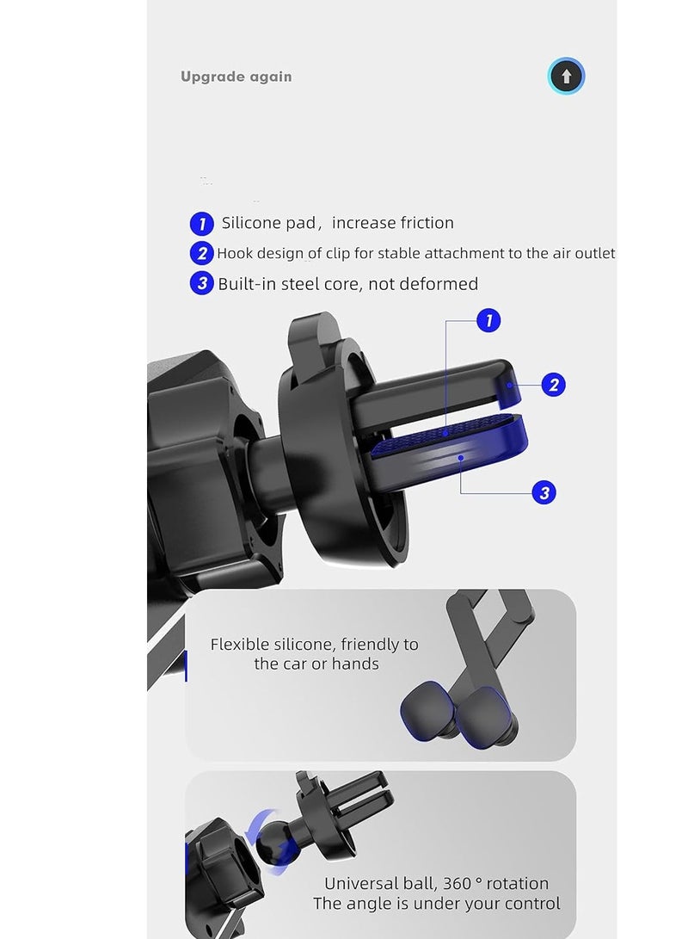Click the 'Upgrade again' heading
click(x=236, y=77)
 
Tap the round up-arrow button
click(x=566, y=77)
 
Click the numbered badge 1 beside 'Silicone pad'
click(x=201, y=224)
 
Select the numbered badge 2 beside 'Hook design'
click(x=201, y=253)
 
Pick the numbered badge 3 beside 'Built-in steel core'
click(x=201, y=283)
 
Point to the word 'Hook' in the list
click(x=235, y=253)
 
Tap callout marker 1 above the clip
click(x=488, y=321)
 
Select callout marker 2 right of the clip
click(x=553, y=385)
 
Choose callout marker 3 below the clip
click(x=543, y=492)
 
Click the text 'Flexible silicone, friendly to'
click(x=314, y=645)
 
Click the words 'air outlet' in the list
click(x=582, y=253)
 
